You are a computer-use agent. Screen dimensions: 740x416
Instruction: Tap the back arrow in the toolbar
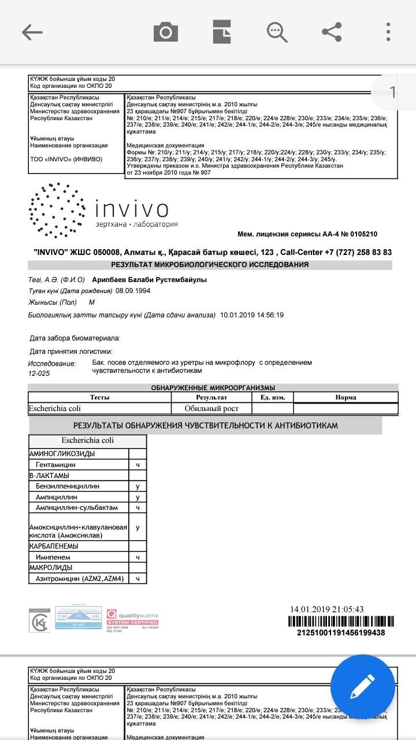pyautogui.click(x=32, y=32)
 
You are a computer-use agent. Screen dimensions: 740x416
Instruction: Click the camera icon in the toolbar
pyautogui.click(x=166, y=32)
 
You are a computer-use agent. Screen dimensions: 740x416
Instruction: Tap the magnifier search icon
pyautogui.click(x=277, y=32)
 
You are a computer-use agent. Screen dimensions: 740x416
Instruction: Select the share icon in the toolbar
pyautogui.click(x=332, y=32)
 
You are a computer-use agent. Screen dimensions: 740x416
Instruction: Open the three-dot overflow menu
pyautogui.click(x=389, y=32)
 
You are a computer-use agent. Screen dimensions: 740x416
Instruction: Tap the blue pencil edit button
pyautogui.click(x=363, y=687)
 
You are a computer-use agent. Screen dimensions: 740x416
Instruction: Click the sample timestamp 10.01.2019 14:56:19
pyautogui.click(x=252, y=315)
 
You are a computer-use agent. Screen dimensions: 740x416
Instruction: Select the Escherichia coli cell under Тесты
pyautogui.click(x=55, y=409)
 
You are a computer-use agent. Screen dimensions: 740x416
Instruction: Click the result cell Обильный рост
pyautogui.click(x=211, y=409)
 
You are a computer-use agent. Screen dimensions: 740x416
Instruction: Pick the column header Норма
pyautogui.click(x=346, y=397)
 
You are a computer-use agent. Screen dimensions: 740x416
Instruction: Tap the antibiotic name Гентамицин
pyautogui.click(x=55, y=465)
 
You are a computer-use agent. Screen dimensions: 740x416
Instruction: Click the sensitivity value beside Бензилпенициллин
pyautogui.click(x=138, y=486)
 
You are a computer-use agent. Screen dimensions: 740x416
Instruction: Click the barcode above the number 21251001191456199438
pyautogui.click(x=341, y=622)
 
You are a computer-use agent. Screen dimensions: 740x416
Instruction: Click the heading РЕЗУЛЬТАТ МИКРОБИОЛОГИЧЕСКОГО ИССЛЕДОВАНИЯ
pyautogui.click(x=210, y=265)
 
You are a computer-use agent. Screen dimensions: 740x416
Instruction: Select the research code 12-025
pyautogui.click(x=40, y=374)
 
